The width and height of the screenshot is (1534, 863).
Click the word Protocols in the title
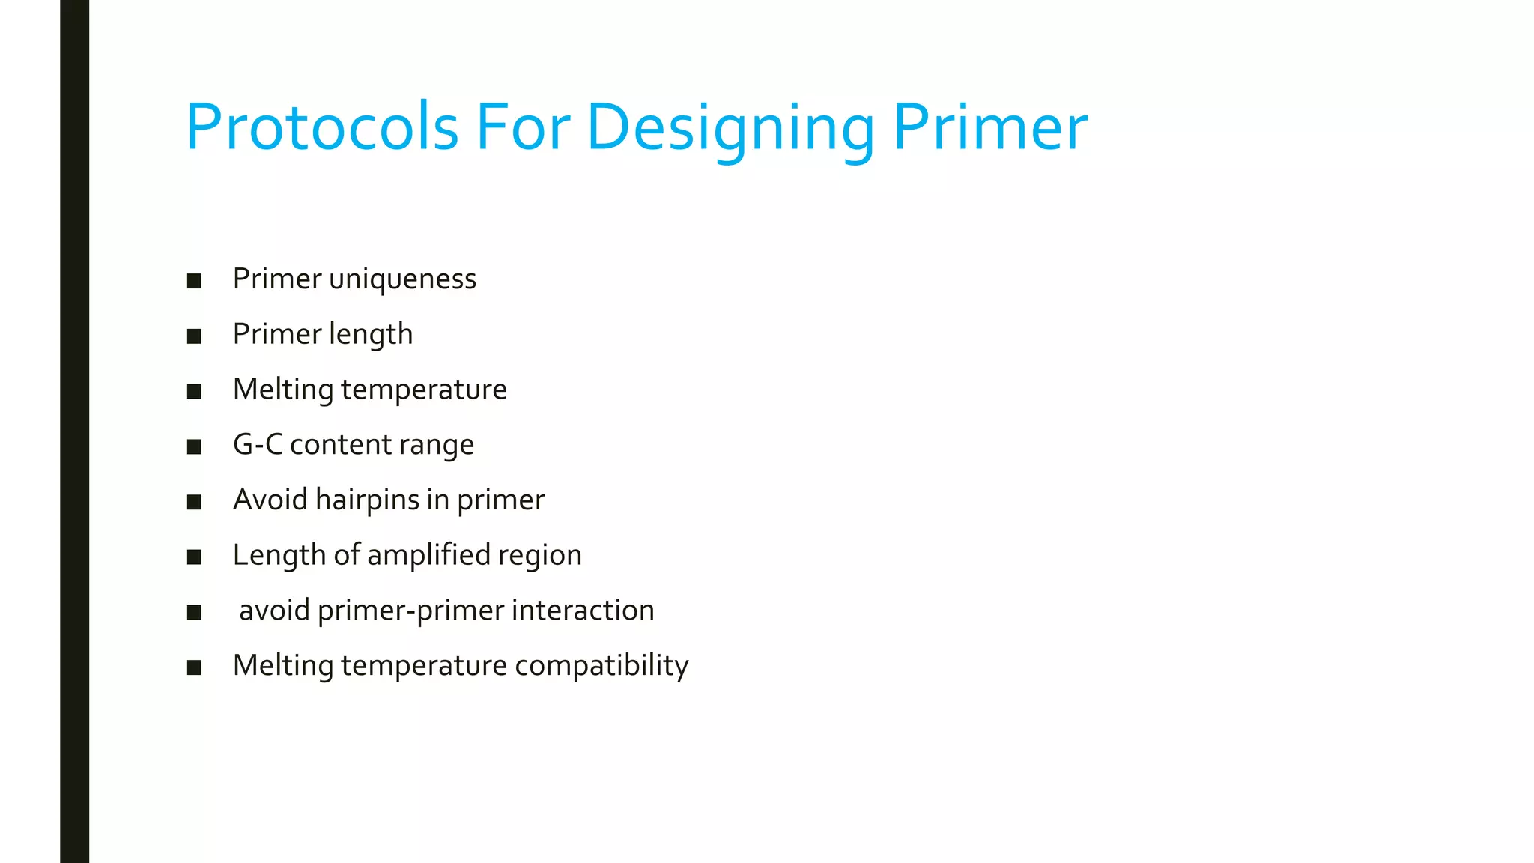(x=322, y=127)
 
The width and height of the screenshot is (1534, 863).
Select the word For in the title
(x=523, y=127)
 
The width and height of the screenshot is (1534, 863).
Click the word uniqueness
(x=402, y=279)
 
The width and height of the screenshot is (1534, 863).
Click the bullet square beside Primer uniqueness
(x=194, y=281)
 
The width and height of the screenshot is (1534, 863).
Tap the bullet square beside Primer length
(x=194, y=336)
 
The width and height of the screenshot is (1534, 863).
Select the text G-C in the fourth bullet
(x=258, y=445)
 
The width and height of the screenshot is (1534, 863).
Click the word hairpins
(x=367, y=500)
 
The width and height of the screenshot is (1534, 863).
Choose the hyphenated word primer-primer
(x=410, y=611)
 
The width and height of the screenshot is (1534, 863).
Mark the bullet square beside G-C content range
(x=194, y=447)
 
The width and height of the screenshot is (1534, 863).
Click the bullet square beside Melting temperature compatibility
(x=194, y=667)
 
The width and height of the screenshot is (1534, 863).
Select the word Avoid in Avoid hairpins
(x=270, y=500)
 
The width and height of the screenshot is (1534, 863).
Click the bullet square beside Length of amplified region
(x=194, y=557)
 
